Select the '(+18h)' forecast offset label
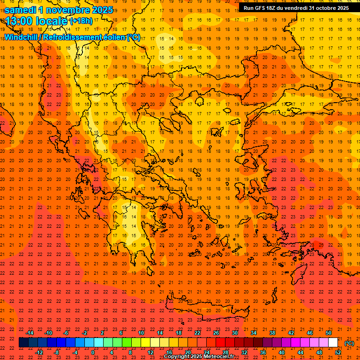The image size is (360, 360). tap(81, 21)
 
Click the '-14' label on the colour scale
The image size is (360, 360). tap(30, 333)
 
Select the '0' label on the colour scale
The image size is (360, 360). tap(93, 352)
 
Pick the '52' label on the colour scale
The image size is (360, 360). tap(338, 352)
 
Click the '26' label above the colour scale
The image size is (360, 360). tap(216, 333)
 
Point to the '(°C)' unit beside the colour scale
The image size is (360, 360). tap(349, 343)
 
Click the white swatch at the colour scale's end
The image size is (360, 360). tap(333, 343)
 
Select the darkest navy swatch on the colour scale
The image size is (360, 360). tap(23, 343)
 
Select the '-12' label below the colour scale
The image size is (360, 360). tap(39, 352)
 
